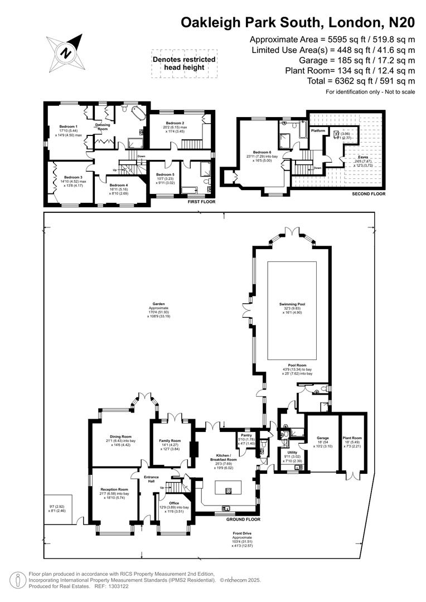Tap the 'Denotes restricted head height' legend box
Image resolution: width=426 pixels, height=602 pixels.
point(183,64)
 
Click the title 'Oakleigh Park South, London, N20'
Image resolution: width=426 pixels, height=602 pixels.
point(298,22)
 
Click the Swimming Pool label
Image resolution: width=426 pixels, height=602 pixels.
point(292,304)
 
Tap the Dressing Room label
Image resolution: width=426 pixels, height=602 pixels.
point(102,127)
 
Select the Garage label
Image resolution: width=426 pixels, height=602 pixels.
point(323,438)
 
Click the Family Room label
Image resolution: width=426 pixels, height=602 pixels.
point(170,440)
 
